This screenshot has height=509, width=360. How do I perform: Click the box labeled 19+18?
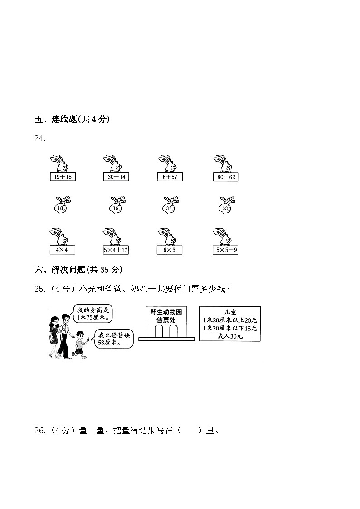63,177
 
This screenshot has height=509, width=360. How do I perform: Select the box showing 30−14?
116,177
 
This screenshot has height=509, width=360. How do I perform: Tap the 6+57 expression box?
170,177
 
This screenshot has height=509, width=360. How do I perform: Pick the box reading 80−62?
226,177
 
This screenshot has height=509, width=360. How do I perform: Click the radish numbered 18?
62,205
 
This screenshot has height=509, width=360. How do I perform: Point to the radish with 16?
117,205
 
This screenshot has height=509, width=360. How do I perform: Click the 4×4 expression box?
62,250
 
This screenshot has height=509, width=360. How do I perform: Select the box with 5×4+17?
116,250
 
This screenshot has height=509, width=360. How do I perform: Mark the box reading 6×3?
170,250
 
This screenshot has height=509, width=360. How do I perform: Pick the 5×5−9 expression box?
226,250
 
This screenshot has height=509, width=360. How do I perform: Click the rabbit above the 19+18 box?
59,163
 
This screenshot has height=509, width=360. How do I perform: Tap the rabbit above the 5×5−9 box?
222,237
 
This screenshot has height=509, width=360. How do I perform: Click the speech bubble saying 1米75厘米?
92,314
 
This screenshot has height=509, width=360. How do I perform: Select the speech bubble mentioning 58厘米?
112,339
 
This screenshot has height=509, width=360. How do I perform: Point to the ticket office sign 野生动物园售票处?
166,316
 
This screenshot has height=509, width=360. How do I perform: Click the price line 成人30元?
230,336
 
